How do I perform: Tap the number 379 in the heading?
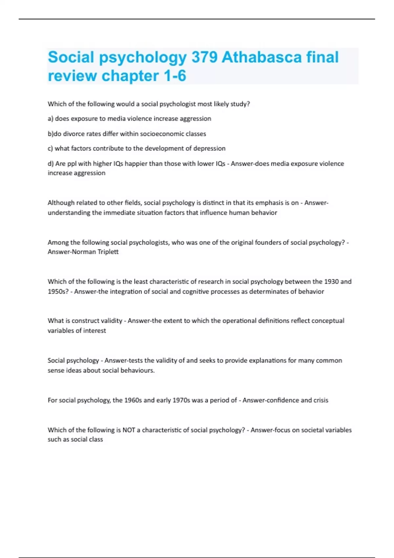point(204,57)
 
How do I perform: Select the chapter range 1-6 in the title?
point(175,76)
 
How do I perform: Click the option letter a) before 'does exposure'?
point(51,118)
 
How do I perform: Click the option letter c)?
point(50,148)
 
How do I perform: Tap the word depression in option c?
point(209,148)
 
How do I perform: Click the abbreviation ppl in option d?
point(72,163)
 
